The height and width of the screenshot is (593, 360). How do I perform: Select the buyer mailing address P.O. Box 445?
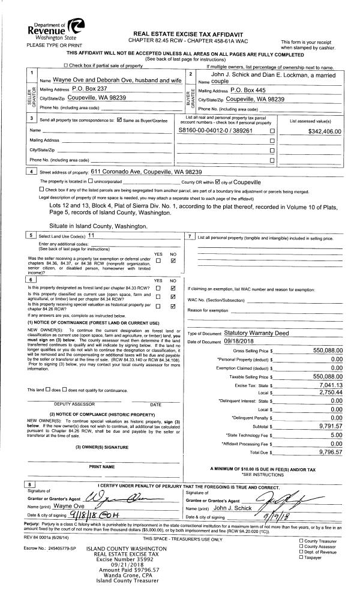click(x=250, y=89)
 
